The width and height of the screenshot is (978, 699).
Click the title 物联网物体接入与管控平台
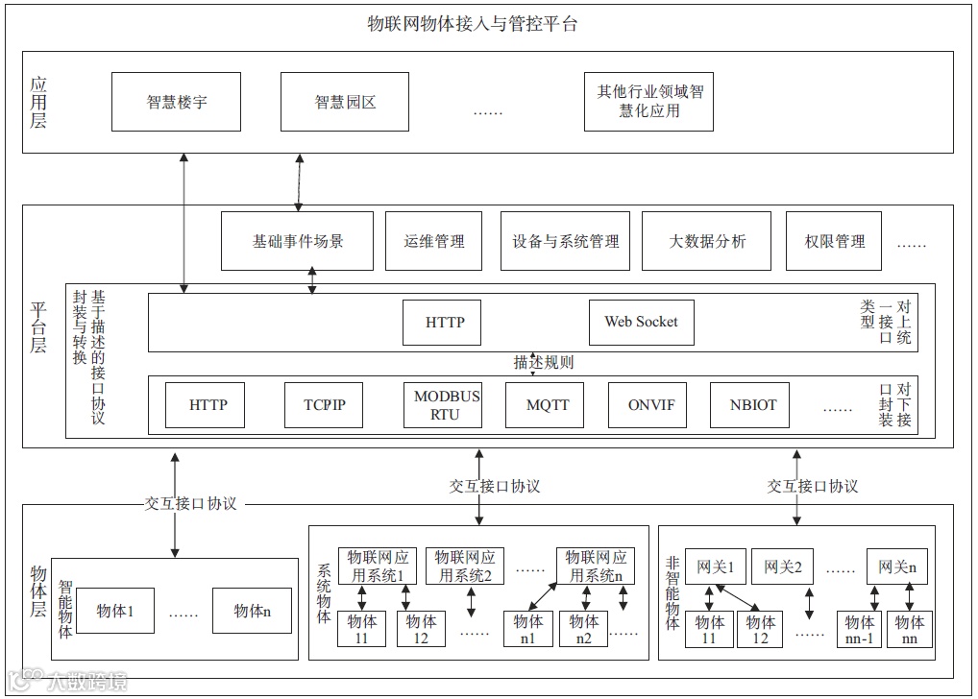(x=473, y=25)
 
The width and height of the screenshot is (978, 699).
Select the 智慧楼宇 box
(x=176, y=101)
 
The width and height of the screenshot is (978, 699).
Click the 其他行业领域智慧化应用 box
(x=649, y=101)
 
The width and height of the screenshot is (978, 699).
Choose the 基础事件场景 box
(x=297, y=241)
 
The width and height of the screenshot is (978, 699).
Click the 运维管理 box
(x=434, y=241)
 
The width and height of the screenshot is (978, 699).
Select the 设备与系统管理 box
(x=566, y=241)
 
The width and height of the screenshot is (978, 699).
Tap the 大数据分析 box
(x=707, y=241)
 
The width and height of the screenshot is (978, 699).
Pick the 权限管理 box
(x=834, y=241)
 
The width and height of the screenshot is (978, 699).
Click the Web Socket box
(x=641, y=322)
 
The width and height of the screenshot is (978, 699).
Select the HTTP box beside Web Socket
(x=445, y=322)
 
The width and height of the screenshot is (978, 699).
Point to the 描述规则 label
(x=543, y=363)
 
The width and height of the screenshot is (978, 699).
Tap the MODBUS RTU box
(x=447, y=405)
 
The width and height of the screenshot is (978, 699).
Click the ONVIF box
(x=651, y=405)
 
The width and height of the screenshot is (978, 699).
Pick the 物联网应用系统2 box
(x=465, y=566)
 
